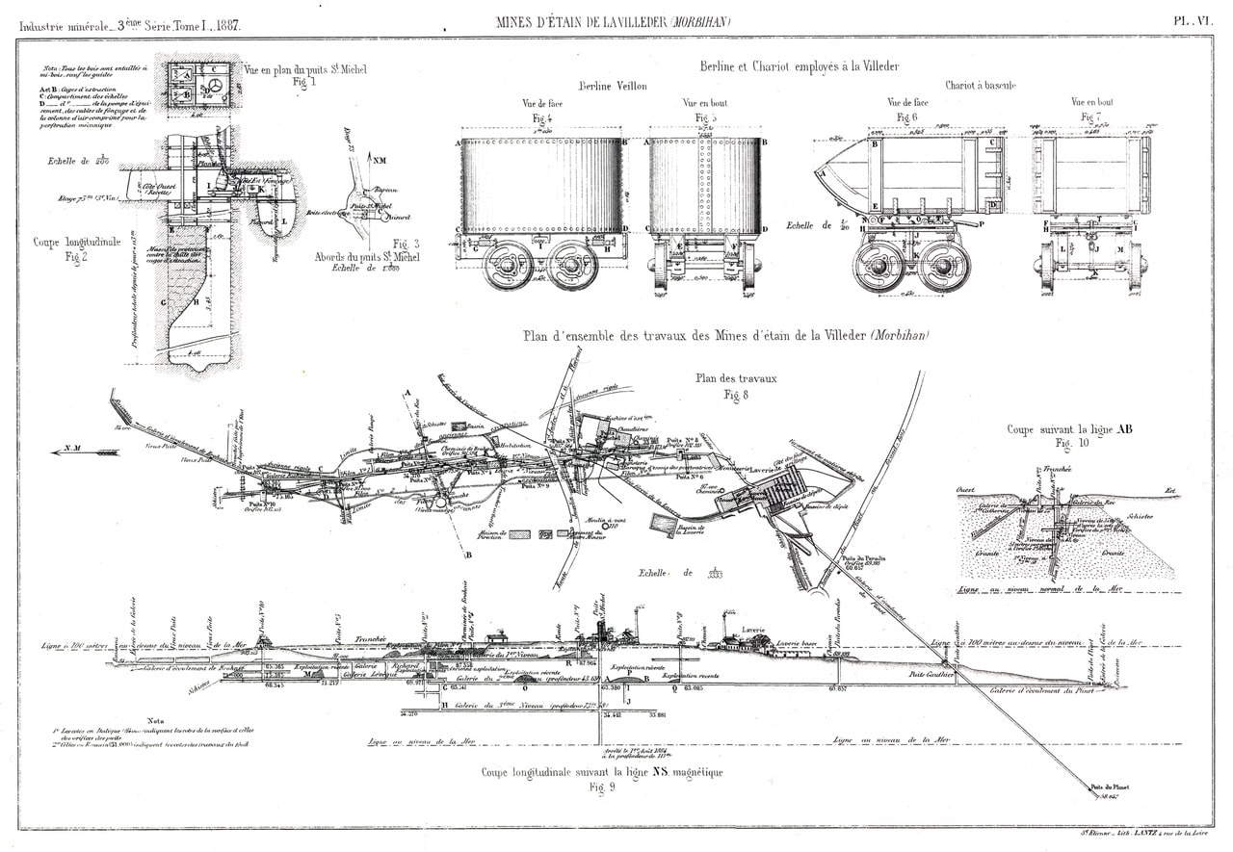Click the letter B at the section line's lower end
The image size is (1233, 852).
pyautogui.click(x=468, y=555)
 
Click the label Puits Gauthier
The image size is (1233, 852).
pyautogui.click(x=931, y=675)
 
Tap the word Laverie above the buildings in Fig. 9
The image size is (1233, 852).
pyautogui.click(x=752, y=630)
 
